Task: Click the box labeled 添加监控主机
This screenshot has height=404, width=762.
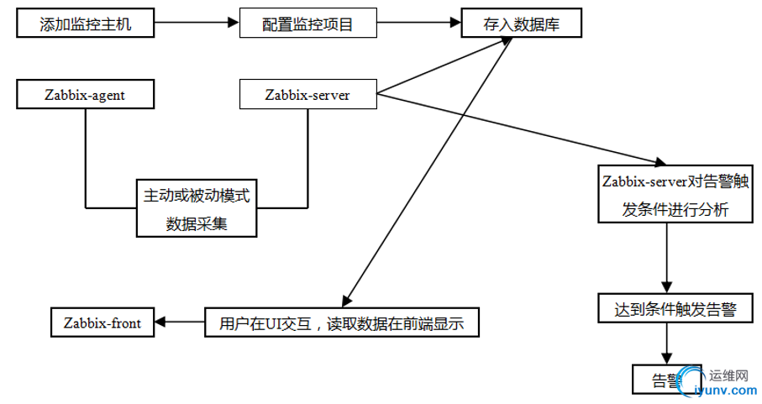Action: (x=85, y=24)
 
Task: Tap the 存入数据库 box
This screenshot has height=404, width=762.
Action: (x=521, y=24)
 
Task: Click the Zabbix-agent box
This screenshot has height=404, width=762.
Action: (x=85, y=95)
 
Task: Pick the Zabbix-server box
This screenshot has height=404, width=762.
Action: (x=307, y=95)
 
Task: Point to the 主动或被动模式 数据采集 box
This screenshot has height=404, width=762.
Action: (x=197, y=208)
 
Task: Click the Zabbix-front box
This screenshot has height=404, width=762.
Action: (x=102, y=322)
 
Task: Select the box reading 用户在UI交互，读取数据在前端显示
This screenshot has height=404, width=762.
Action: (x=341, y=322)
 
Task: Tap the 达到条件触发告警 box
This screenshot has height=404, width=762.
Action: (x=670, y=309)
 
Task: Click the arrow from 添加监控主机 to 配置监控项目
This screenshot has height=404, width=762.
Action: (x=196, y=24)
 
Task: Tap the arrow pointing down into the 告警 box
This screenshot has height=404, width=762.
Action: (x=668, y=344)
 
